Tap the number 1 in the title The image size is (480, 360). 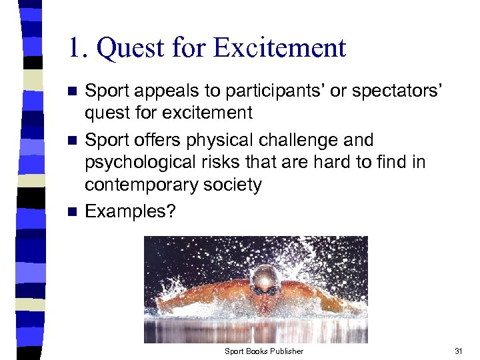[77, 48]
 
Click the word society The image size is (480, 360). [233, 185]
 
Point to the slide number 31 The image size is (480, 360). [457, 351]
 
